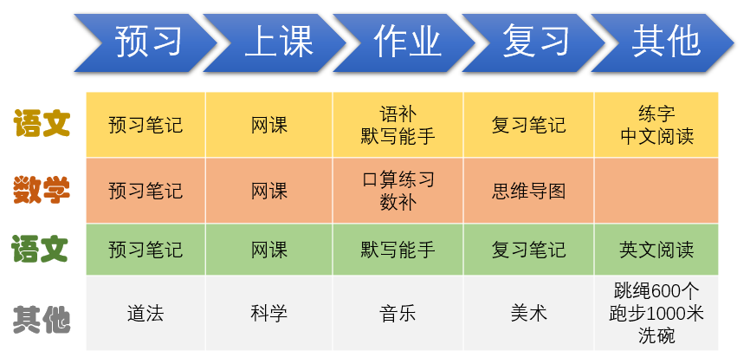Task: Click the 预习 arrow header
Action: (x=145, y=43)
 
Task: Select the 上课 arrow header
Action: (x=275, y=43)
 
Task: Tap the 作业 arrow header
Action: (x=404, y=43)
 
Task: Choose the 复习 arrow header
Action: (x=533, y=43)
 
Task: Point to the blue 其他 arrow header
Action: (x=663, y=43)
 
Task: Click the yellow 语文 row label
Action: (x=42, y=123)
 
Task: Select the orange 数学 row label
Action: (x=42, y=190)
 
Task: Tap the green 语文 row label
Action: (x=40, y=249)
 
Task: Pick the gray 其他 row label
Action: (x=42, y=320)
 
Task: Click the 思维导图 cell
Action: (x=528, y=191)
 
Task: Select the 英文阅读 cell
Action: (x=656, y=250)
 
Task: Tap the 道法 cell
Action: (x=145, y=313)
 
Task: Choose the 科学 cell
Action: (x=268, y=313)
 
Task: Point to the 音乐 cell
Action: (x=398, y=313)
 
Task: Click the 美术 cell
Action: (x=528, y=313)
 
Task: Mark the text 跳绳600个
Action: (x=656, y=290)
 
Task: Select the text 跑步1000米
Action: (x=656, y=313)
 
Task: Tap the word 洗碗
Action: (x=656, y=335)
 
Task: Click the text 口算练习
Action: (x=398, y=179)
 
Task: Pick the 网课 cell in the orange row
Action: (x=268, y=191)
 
